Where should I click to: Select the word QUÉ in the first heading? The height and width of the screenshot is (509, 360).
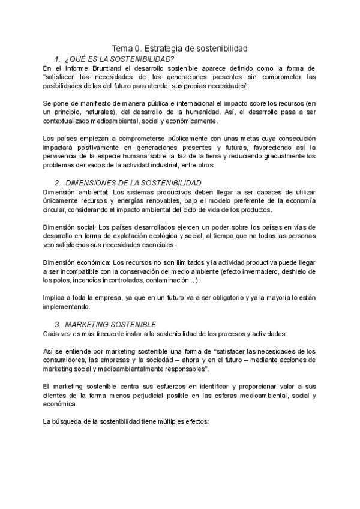pyautogui.click(x=80, y=59)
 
